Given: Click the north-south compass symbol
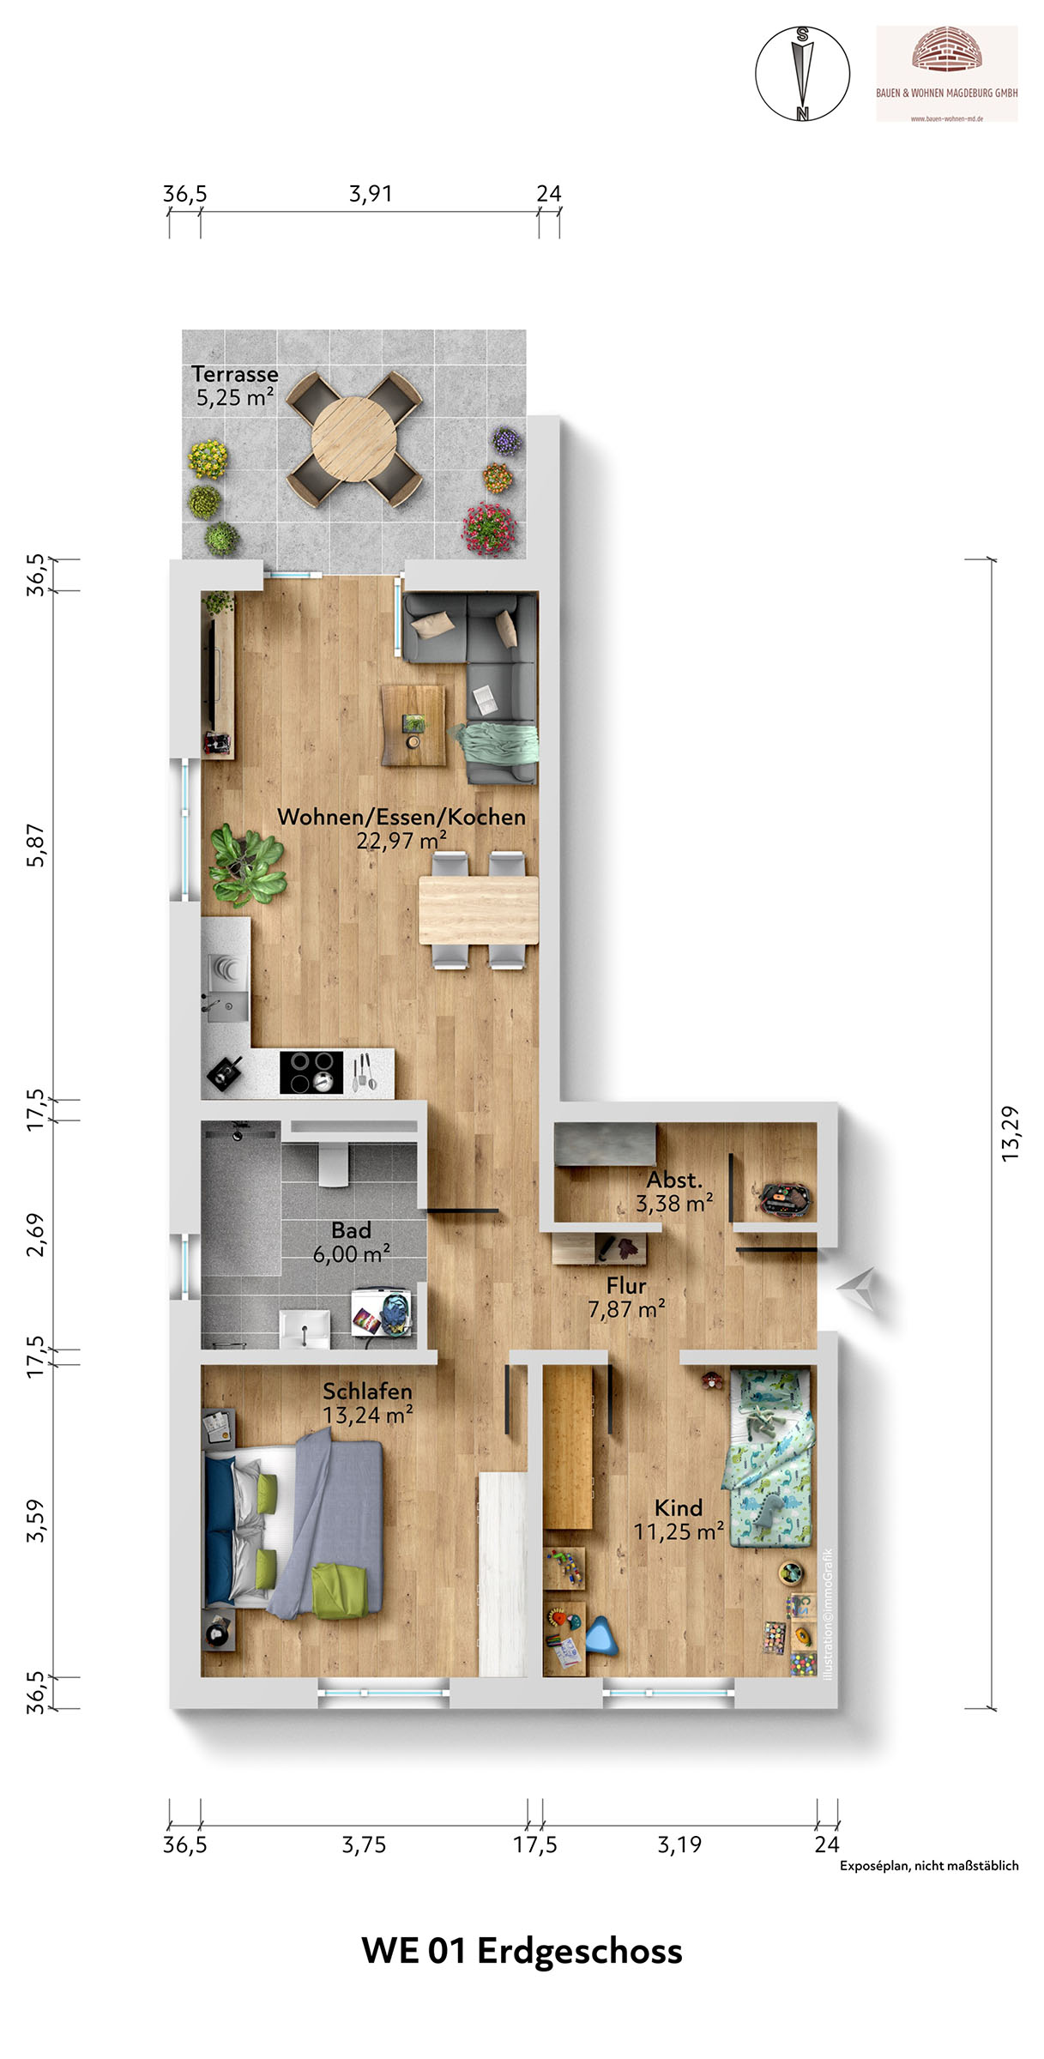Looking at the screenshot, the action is pos(802,73).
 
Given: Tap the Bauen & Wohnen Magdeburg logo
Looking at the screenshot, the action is pos(946,74).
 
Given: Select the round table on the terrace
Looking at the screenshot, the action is pos(353,438).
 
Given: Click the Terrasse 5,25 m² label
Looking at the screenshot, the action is pos(235,385).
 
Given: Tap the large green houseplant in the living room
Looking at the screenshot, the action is pos(247,865).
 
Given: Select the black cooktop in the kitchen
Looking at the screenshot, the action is pos(311,1072).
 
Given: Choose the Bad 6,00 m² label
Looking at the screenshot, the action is pos(352,1241).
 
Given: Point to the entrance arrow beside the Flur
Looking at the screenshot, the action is pos(859,1289).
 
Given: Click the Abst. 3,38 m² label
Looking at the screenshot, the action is pos(674,1191).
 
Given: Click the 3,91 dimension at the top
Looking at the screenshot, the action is pos(371,194).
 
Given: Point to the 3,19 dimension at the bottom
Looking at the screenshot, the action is pos(679,1844).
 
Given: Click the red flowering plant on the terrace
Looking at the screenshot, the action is pos(490,528).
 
